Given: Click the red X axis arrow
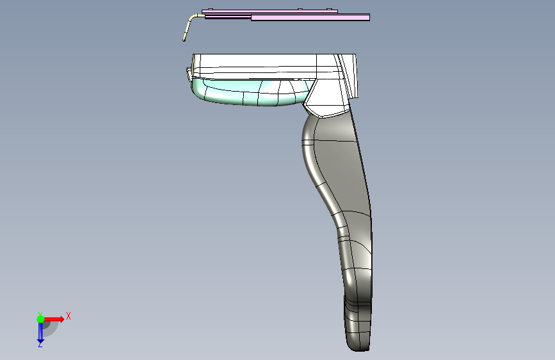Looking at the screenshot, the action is tap(54, 319).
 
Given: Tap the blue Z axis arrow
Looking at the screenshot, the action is tap(40, 332).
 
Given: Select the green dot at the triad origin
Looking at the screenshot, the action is tap(41, 319).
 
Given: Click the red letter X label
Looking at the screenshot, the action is tap(68, 316).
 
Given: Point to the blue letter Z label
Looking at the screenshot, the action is tap(40, 345).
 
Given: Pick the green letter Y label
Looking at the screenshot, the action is tap(40, 314).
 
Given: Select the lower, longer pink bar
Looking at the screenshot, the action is tap(310, 17).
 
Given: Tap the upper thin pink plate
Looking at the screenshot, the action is tap(269, 12).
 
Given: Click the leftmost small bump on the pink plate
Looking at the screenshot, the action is tap(210, 9).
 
